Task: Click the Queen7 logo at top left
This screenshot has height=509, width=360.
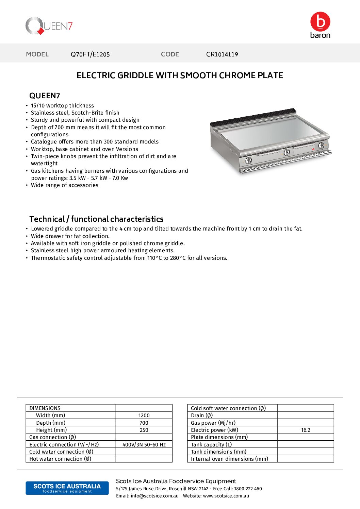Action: (x=49, y=26)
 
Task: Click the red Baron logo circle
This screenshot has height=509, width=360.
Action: (x=320, y=21)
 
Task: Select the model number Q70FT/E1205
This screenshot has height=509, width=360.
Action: (x=90, y=54)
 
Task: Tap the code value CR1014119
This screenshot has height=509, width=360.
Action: (x=222, y=54)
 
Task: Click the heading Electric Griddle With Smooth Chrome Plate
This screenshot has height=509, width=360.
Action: (x=180, y=75)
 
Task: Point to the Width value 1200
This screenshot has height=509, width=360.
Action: (x=144, y=415)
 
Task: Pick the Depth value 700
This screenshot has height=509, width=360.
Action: (x=144, y=423)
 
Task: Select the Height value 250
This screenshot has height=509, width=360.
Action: (x=144, y=430)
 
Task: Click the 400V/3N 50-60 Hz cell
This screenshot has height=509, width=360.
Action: (x=144, y=445)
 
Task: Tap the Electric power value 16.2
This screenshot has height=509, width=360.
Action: (x=306, y=430)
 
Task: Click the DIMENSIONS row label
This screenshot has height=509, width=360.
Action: (x=45, y=408)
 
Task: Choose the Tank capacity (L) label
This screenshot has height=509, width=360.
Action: (x=211, y=445)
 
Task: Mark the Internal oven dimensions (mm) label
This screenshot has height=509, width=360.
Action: (x=229, y=459)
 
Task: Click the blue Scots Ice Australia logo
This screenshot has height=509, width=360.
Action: (x=67, y=488)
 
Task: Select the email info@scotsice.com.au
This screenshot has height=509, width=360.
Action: (x=154, y=496)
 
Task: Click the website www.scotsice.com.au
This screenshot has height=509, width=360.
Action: (x=226, y=496)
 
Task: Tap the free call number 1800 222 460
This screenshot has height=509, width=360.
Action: (x=248, y=489)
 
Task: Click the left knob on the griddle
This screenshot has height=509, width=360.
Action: (x=249, y=160)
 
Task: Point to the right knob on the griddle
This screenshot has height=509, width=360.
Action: (x=321, y=146)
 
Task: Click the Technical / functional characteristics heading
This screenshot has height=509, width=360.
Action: (x=96, y=219)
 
